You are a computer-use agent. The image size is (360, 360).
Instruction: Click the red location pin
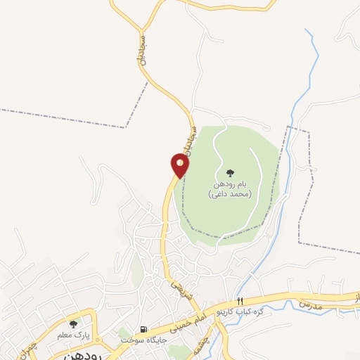click(x=180, y=165)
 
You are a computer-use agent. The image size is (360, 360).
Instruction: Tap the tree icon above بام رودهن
click(x=229, y=172)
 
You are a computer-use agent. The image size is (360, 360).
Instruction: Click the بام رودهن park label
click(x=230, y=184)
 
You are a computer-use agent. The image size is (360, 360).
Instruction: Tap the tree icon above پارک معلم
click(x=73, y=324)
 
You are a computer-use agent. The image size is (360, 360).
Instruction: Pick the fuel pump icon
click(x=144, y=330)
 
